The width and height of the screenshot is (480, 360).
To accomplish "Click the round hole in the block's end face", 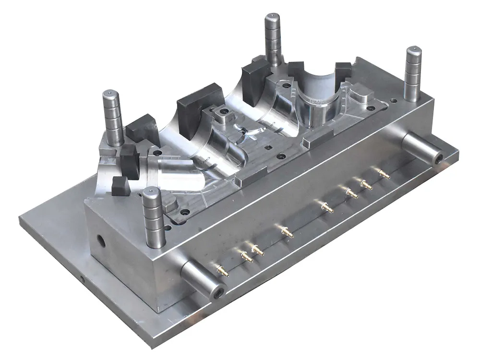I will (x=101, y=240).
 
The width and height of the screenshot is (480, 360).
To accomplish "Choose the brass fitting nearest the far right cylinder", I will (x=383, y=174).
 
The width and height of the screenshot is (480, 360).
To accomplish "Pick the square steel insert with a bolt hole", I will (x=222, y=115).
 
